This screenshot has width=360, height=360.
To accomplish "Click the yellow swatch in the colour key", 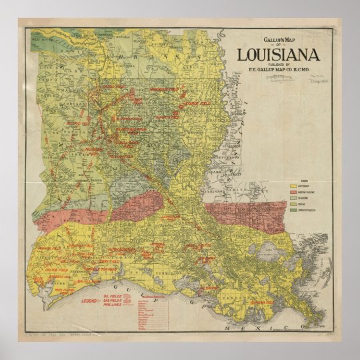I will point(293,185).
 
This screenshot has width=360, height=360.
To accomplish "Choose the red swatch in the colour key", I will point(293,191).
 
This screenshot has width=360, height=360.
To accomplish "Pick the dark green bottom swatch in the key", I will point(293,211).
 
